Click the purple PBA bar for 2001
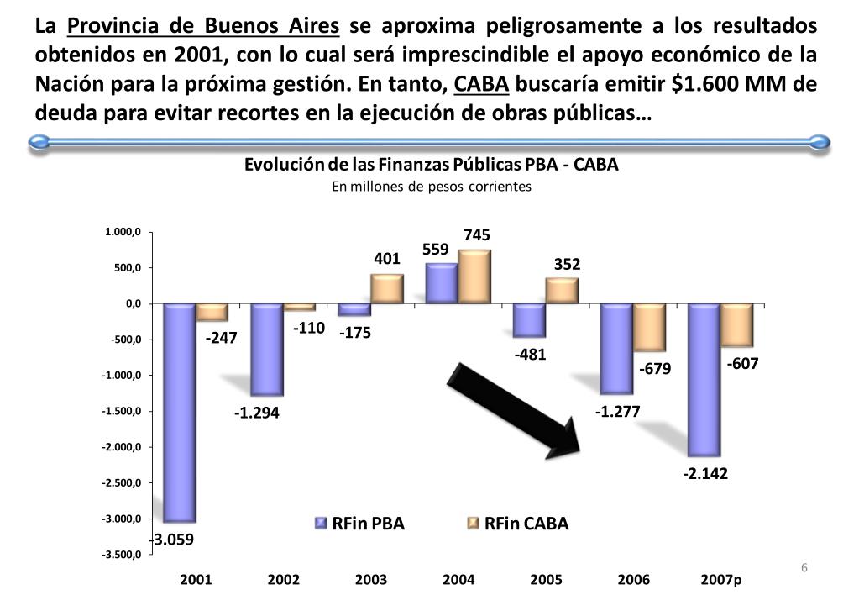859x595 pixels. tap(180, 412)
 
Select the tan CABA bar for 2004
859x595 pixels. tap(474, 276)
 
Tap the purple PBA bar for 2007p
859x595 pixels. tap(704, 379)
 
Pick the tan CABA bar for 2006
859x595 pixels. tap(649, 328)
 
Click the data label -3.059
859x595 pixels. tap(171, 540)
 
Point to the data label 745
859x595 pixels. tap(476, 235)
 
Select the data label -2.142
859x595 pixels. tap(704, 474)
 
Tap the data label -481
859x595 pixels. tap(530, 354)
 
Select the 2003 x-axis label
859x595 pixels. tap(371, 580)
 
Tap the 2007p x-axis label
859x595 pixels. tap(721, 580)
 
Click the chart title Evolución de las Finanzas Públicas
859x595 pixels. tap(431, 165)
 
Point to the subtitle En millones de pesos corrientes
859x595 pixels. tap(431, 187)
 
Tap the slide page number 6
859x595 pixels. tap(804, 568)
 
